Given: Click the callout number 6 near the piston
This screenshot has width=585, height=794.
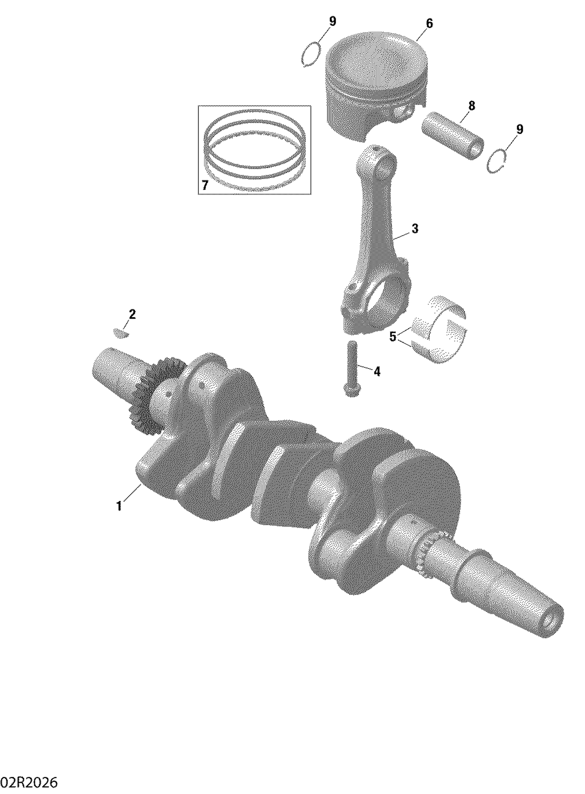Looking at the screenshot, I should [429, 24].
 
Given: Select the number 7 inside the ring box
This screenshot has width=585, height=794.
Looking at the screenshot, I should [205, 185].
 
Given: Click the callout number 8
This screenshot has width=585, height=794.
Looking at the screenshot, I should [472, 106].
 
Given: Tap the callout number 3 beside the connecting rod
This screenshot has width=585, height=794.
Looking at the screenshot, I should [415, 229].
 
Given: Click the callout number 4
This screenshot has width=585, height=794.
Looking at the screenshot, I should [377, 372].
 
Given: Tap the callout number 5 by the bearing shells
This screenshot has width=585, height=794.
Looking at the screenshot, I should [393, 336].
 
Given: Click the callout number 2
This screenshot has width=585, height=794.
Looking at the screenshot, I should [132, 314].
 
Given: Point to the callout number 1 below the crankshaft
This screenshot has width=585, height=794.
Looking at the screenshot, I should [119, 506].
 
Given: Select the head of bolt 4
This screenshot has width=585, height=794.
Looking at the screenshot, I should [351, 390].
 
